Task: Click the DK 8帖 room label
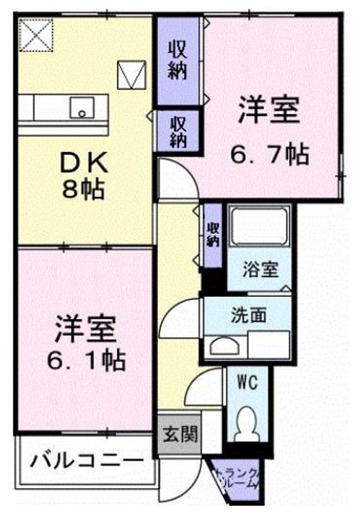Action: [x=84, y=177]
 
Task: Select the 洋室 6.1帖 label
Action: [x=84, y=342]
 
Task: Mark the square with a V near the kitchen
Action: [x=131, y=74]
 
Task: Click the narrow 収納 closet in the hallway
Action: [x=212, y=236]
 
